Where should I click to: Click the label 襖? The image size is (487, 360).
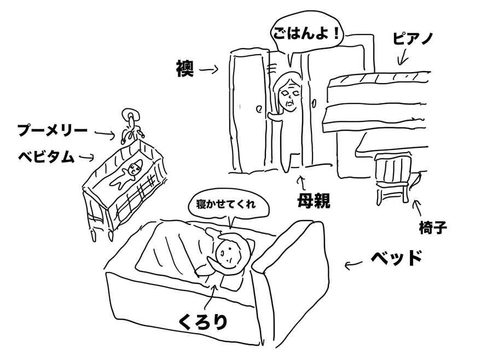(x=183, y=69)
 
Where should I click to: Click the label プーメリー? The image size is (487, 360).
(x=52, y=131)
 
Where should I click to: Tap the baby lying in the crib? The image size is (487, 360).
(x=130, y=172)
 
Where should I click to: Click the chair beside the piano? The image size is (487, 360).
(x=393, y=178)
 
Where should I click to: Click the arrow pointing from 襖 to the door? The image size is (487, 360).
(x=208, y=69)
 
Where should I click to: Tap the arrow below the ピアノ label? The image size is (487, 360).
(x=403, y=56)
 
